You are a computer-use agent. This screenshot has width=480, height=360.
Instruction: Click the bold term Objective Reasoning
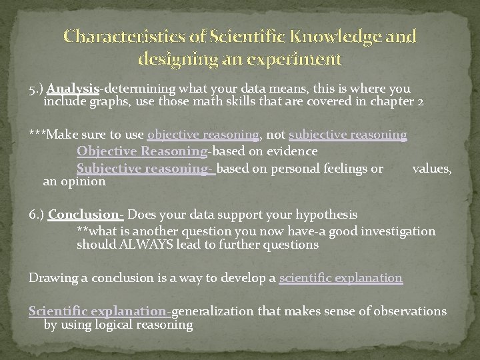click(x=141, y=152)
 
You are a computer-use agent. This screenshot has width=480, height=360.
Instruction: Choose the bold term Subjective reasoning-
click(x=145, y=169)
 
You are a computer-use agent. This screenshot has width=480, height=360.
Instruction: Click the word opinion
click(x=83, y=181)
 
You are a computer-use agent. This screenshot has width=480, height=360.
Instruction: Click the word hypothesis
click(x=327, y=215)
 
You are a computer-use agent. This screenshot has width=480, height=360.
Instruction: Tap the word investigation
click(x=397, y=231)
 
